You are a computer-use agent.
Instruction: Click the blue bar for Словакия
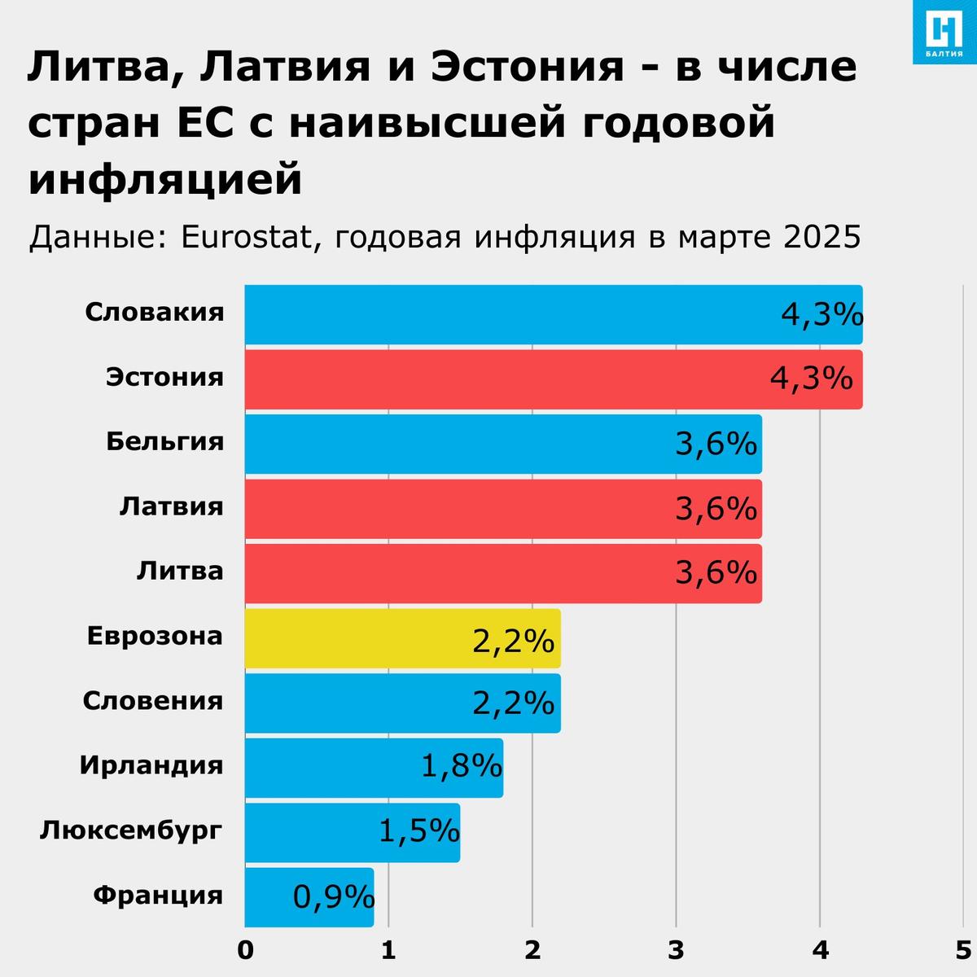[505, 315]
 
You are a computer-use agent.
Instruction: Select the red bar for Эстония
[505, 379]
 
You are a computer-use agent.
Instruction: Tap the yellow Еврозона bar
[358, 638]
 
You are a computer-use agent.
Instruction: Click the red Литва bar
[456, 574]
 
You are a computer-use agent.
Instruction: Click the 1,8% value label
[461, 766]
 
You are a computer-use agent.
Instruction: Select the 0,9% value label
[333, 897]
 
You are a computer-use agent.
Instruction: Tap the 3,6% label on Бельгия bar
[716, 445]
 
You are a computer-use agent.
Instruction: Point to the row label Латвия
[171, 506]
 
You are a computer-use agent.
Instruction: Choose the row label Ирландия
[151, 765]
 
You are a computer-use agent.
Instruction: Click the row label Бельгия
[164, 441]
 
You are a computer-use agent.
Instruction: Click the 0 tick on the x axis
[245, 950]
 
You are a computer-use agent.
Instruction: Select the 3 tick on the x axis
[676, 950]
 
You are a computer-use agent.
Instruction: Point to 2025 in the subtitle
[822, 237]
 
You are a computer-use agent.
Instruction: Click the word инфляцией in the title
[165, 179]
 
